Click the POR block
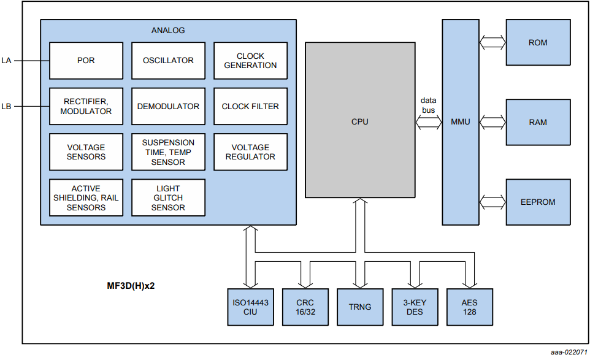coord(86,61)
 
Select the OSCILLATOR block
coord(168,61)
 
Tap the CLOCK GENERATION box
coord(250,61)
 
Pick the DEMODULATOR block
coord(168,106)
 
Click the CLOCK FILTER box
coord(250,106)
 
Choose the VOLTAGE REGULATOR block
coord(250,151)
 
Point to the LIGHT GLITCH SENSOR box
coord(168,197)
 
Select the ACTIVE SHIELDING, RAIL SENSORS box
coord(86,197)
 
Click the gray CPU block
coord(359,121)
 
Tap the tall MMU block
coord(461,121)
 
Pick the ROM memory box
coord(538,43)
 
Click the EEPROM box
coord(538,202)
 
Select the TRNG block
coord(359,307)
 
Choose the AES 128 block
coord(469,307)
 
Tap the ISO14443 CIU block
coord(250,307)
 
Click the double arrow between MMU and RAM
coord(492,122)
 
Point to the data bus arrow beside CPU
coord(429,122)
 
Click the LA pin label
coord(6,61)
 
